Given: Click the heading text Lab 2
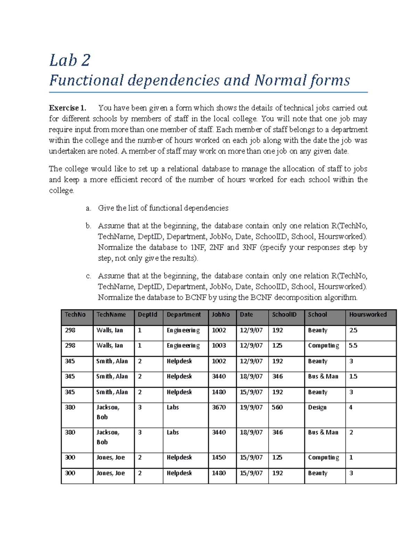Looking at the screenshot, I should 70,60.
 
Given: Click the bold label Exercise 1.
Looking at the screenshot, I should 67,108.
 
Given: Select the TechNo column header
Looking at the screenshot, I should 75,315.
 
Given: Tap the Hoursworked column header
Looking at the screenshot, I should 368,315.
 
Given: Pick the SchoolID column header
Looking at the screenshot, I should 284,315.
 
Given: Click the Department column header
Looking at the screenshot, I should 183,315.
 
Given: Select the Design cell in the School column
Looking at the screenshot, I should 317,408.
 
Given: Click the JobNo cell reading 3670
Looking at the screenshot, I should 219,408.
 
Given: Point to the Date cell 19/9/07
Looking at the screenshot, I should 251,408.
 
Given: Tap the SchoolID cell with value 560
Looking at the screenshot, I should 277,408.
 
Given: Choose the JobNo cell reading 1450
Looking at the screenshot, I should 219,458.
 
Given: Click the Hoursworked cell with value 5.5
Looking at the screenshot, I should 353,346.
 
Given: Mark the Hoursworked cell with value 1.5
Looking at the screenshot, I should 353,377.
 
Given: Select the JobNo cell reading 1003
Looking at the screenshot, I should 219,346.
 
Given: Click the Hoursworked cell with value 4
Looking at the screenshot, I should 351,408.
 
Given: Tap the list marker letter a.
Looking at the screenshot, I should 88,208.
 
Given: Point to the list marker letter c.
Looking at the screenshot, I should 88,276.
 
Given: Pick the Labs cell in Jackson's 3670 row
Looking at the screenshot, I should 173,408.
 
